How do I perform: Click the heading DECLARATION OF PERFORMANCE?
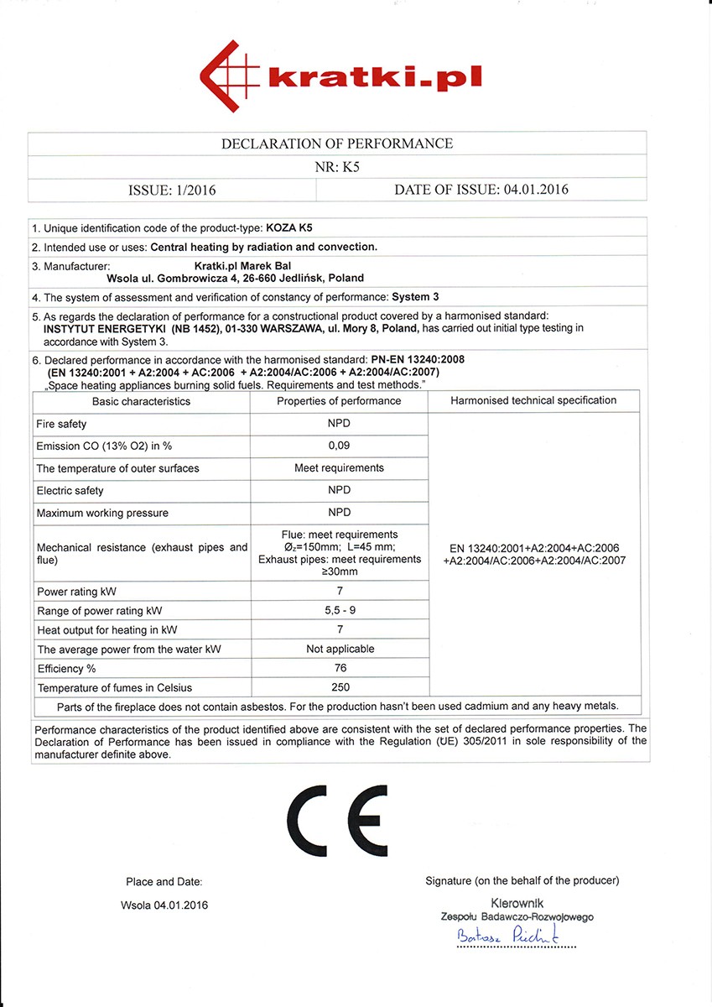coord(337,143)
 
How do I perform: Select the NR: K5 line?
coord(337,166)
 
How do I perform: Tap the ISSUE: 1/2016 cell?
coord(172,190)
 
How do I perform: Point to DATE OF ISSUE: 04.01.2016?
coord(481,190)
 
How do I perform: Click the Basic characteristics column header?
coord(141,401)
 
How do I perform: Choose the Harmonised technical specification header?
coord(533,400)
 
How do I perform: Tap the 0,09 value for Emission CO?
coord(339,446)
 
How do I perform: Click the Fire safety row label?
coord(61,424)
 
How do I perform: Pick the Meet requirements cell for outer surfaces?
coord(339,467)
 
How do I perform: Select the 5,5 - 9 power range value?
coord(339,610)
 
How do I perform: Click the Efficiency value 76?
coord(339,669)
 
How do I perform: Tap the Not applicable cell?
coord(339,649)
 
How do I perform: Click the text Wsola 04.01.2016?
coord(164,905)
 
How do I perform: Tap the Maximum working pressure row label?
coord(102,513)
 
